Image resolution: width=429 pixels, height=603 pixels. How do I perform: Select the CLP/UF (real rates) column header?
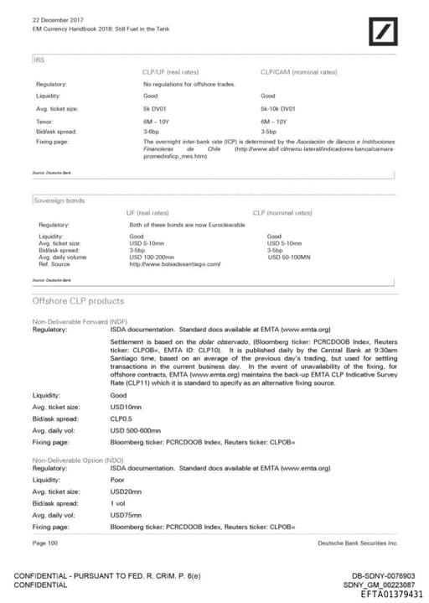pos(171,72)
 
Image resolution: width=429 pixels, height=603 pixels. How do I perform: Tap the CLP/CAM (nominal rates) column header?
pos(298,72)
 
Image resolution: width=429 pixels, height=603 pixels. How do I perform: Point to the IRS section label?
pos(39,59)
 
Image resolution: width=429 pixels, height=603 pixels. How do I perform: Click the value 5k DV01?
pos(157,109)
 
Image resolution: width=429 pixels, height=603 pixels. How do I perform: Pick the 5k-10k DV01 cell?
pos(278,109)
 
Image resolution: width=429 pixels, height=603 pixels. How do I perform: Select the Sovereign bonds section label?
pos(59,200)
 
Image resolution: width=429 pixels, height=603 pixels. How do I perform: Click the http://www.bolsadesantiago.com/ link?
pos(175,264)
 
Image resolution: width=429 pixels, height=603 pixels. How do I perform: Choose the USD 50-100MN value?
pos(289,257)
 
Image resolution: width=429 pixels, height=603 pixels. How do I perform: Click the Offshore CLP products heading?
pos(78,300)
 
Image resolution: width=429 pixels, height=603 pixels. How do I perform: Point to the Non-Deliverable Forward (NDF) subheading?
pos(80,322)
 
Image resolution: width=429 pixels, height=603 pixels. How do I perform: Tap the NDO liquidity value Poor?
pos(118,480)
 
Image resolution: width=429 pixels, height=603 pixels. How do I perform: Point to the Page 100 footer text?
pos(45,543)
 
